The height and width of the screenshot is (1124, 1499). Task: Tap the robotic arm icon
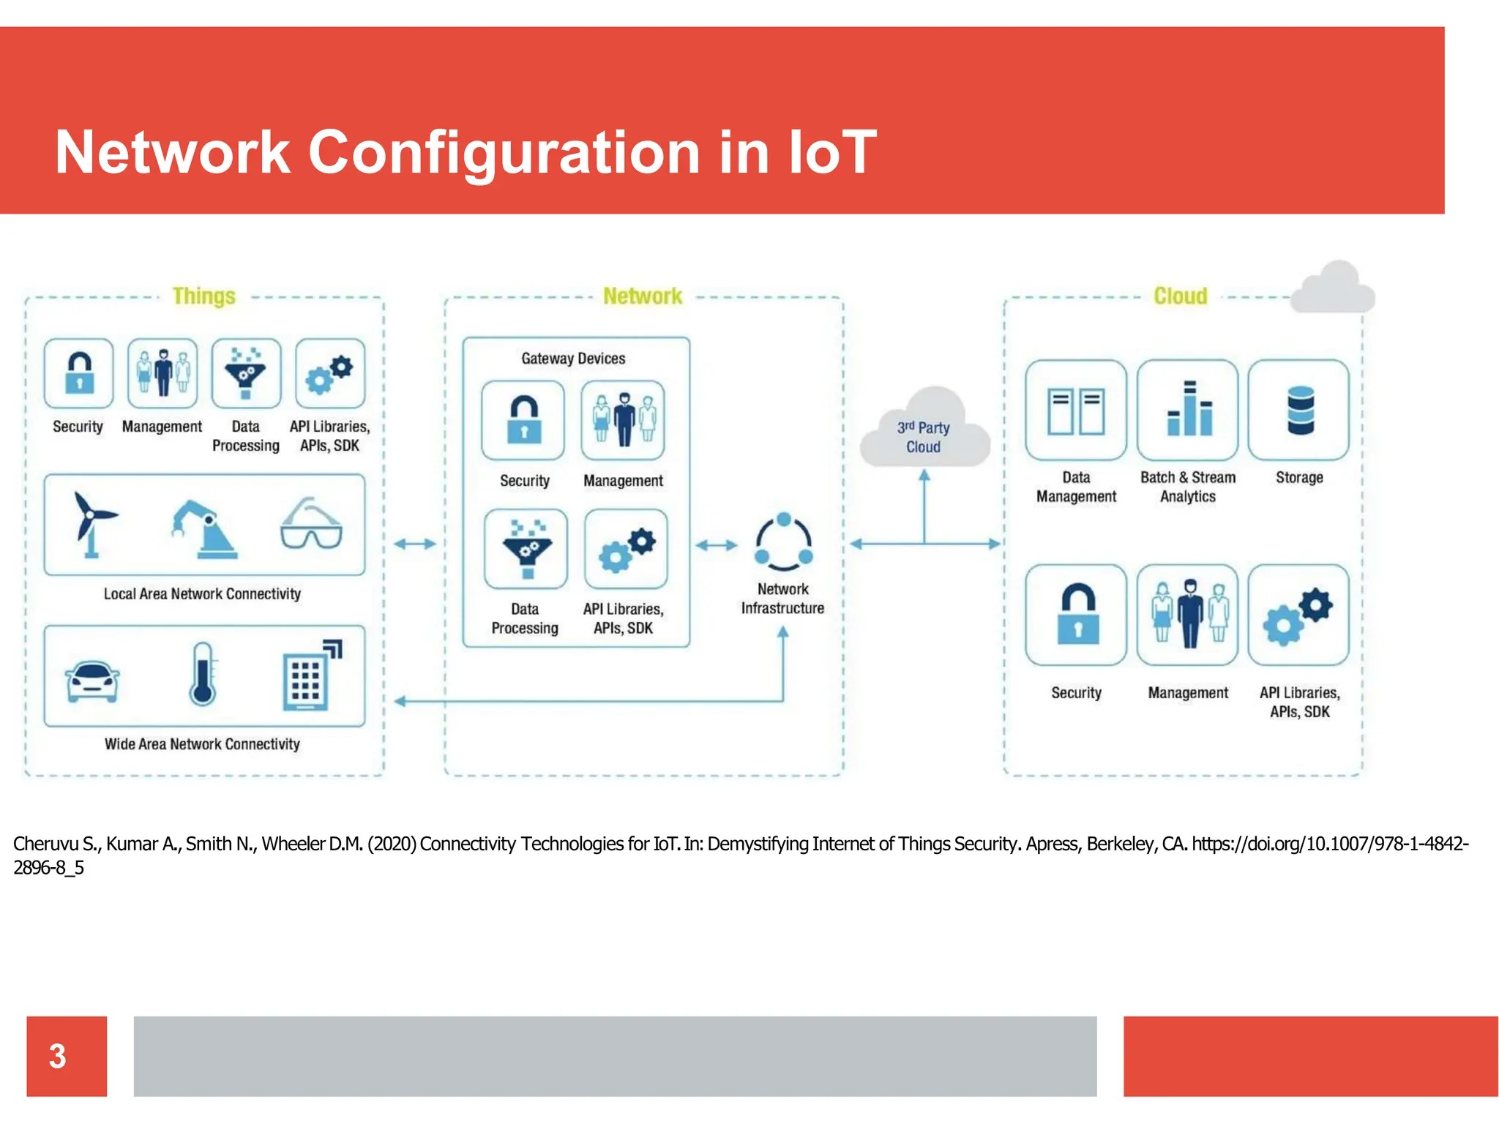(x=203, y=528)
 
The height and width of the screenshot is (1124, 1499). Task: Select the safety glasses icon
(x=311, y=525)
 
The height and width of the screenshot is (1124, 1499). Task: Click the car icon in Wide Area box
(x=92, y=681)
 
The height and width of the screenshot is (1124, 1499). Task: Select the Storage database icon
(x=1300, y=411)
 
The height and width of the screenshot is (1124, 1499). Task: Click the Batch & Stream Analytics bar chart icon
(x=1188, y=410)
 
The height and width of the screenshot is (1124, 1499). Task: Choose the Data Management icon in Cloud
(x=1076, y=411)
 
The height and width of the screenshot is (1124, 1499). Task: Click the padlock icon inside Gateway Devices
(x=523, y=421)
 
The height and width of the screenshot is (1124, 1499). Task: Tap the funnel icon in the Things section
(x=246, y=373)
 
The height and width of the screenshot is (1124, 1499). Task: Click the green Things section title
(x=203, y=296)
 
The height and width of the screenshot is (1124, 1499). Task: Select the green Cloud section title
(x=1180, y=296)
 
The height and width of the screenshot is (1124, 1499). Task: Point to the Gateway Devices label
(x=573, y=359)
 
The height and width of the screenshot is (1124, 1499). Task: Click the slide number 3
(x=58, y=1056)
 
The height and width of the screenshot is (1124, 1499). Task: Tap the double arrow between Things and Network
(x=415, y=544)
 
